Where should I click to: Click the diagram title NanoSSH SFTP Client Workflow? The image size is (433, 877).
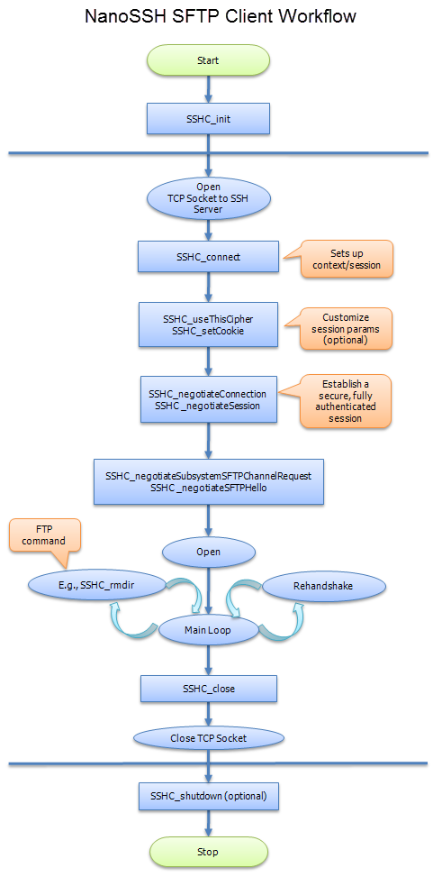(x=216, y=16)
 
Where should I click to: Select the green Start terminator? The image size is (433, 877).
(x=208, y=60)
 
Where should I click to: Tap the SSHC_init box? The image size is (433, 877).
(x=208, y=117)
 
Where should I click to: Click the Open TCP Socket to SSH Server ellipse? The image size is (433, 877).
(x=208, y=198)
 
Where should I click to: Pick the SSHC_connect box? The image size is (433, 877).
(x=208, y=256)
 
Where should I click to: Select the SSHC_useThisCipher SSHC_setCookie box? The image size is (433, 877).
(x=208, y=324)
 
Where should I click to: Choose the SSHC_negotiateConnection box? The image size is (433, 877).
(x=208, y=399)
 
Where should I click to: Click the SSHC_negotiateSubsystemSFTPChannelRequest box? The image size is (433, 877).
(x=208, y=481)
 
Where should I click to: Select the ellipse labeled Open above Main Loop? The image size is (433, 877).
(x=208, y=550)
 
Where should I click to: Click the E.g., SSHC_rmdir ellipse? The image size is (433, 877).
(x=99, y=585)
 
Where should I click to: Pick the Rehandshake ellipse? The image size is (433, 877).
(x=323, y=585)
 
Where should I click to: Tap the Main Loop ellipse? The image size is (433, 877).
(x=208, y=629)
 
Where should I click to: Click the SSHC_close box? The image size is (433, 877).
(x=208, y=690)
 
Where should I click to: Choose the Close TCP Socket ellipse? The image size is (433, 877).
(x=208, y=737)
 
